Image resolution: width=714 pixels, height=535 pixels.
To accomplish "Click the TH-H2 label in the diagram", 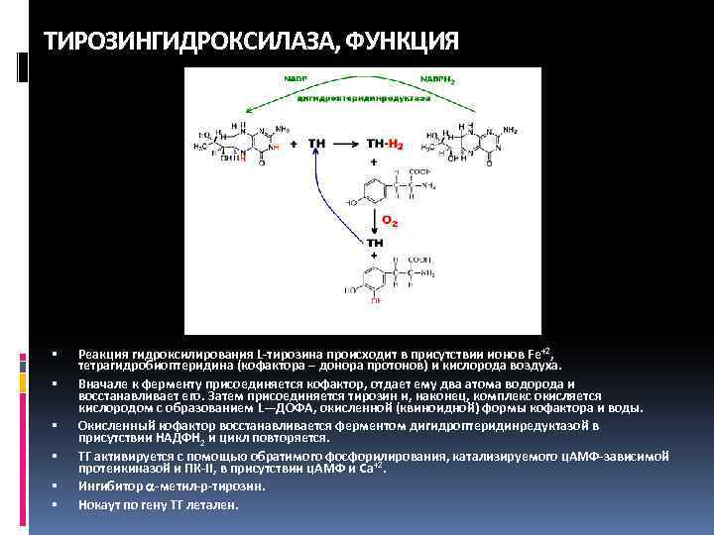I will click(387, 145).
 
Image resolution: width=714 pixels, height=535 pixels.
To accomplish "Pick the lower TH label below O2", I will click(375, 242).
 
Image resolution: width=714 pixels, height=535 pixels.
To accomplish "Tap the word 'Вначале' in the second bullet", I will click(99, 382).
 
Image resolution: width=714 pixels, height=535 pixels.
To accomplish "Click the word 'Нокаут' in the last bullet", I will click(95, 504).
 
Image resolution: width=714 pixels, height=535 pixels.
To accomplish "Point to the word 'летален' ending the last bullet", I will click(216, 504).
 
